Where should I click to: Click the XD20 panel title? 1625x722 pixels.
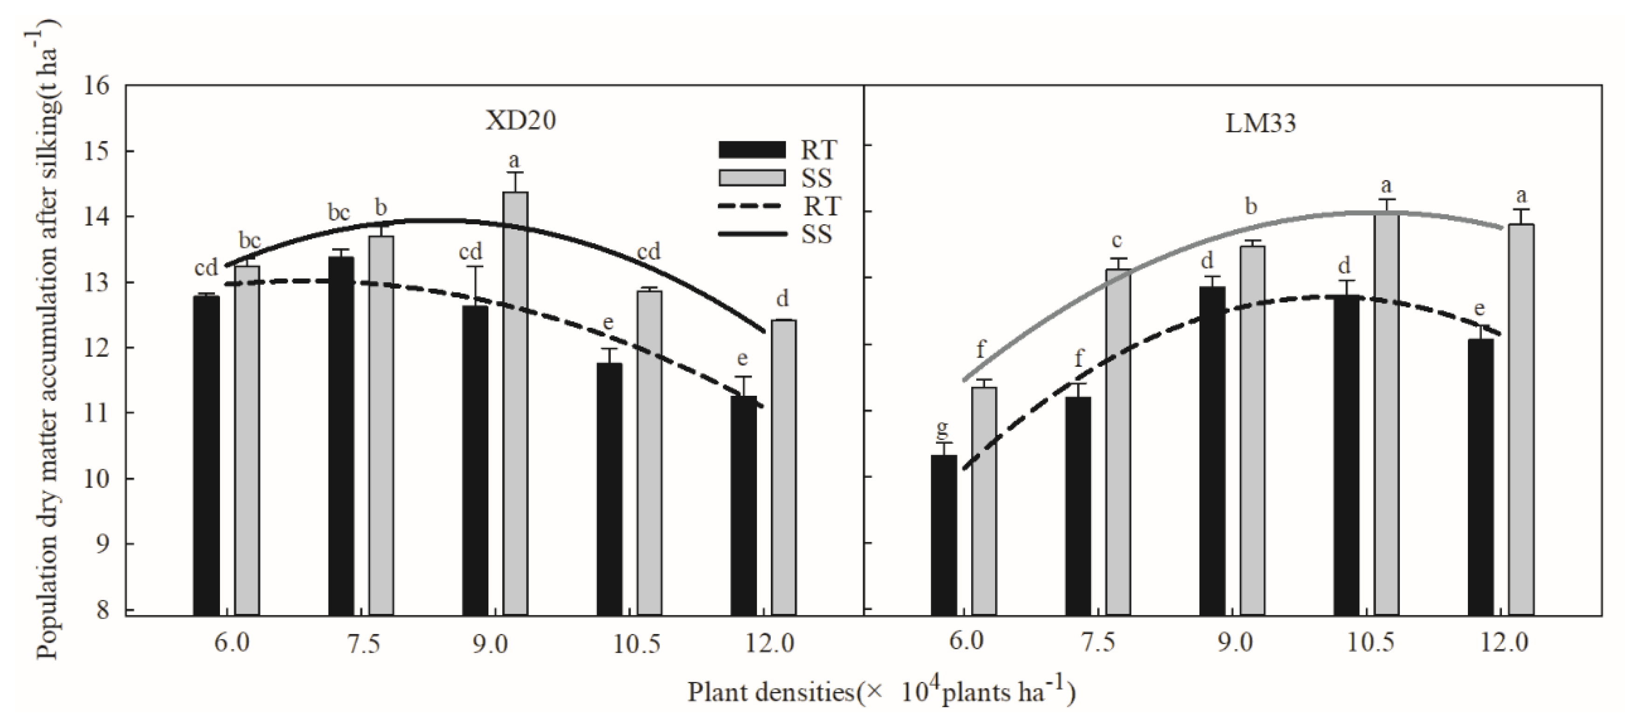521,120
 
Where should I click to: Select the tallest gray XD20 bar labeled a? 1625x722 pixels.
515,404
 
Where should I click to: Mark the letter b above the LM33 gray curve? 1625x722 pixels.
1252,206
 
